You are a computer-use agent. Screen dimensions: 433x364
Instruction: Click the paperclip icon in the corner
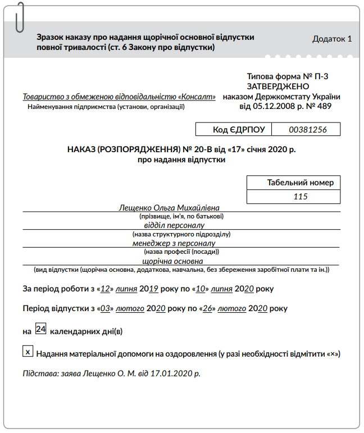(x=21, y=17)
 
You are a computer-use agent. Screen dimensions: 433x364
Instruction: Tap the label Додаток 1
(x=332, y=39)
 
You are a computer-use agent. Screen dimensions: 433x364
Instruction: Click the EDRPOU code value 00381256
(x=307, y=130)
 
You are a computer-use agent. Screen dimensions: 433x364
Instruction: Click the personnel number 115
(x=301, y=197)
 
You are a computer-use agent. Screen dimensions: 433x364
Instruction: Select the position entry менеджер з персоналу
(x=174, y=243)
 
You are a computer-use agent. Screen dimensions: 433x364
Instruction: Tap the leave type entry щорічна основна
(x=173, y=261)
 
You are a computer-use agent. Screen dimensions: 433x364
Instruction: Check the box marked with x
(x=27, y=352)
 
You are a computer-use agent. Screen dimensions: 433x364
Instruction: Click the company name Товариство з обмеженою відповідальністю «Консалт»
(x=119, y=97)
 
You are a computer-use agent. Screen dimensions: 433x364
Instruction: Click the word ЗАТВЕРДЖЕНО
(x=277, y=86)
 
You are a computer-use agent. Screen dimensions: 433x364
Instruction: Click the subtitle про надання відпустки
(x=181, y=159)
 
